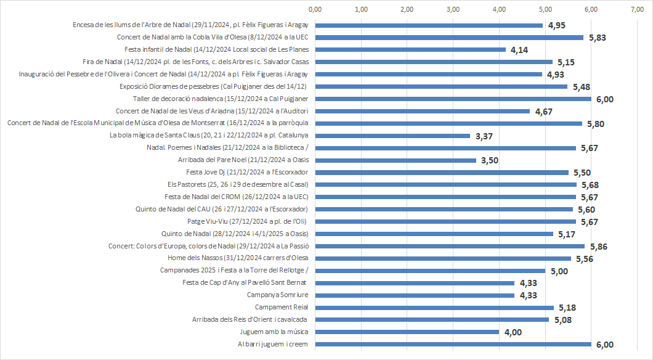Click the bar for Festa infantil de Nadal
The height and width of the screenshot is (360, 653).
tap(410, 49)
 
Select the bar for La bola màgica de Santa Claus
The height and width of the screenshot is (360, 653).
tap(392, 136)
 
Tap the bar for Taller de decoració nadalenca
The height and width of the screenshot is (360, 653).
tap(453, 99)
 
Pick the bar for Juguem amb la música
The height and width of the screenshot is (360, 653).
tap(407, 332)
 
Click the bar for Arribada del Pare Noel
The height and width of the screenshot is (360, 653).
tap(395, 160)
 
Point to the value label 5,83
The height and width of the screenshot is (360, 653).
tap(598, 38)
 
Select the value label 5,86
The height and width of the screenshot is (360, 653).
tap(598, 247)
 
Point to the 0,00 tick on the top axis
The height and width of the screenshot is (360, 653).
tap(315, 9)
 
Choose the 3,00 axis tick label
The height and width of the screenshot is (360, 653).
tap(453, 9)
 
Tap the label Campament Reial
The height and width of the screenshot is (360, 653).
tap(282, 307)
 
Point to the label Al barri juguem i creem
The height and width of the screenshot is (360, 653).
tap(273, 344)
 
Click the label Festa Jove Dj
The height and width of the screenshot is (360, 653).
tap(247, 172)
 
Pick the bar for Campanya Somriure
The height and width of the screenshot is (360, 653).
tap(415, 295)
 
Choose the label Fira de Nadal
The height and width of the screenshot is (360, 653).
tap(195, 62)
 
